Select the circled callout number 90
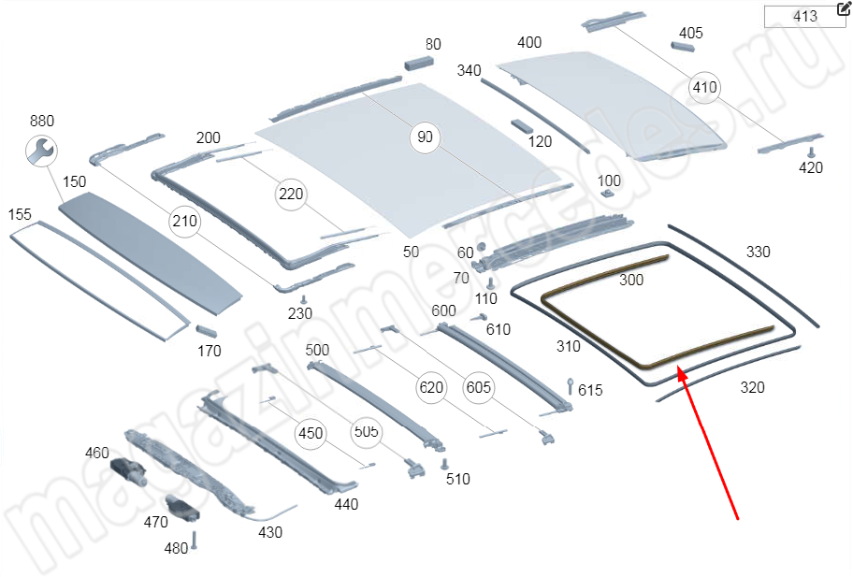pyautogui.click(x=425, y=137)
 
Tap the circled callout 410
pyautogui.click(x=704, y=87)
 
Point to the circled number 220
pyautogui.click(x=291, y=195)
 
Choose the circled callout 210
pyautogui.click(x=184, y=222)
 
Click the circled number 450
pyautogui.click(x=311, y=433)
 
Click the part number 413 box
pyautogui.click(x=804, y=16)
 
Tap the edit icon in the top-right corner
pyautogui.click(x=844, y=9)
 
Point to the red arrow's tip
pyautogui.click(x=680, y=370)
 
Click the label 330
pyautogui.click(x=758, y=252)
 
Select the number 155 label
pyautogui.click(x=21, y=215)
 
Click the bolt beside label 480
pyautogui.click(x=195, y=541)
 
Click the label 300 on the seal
pyautogui.click(x=631, y=280)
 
